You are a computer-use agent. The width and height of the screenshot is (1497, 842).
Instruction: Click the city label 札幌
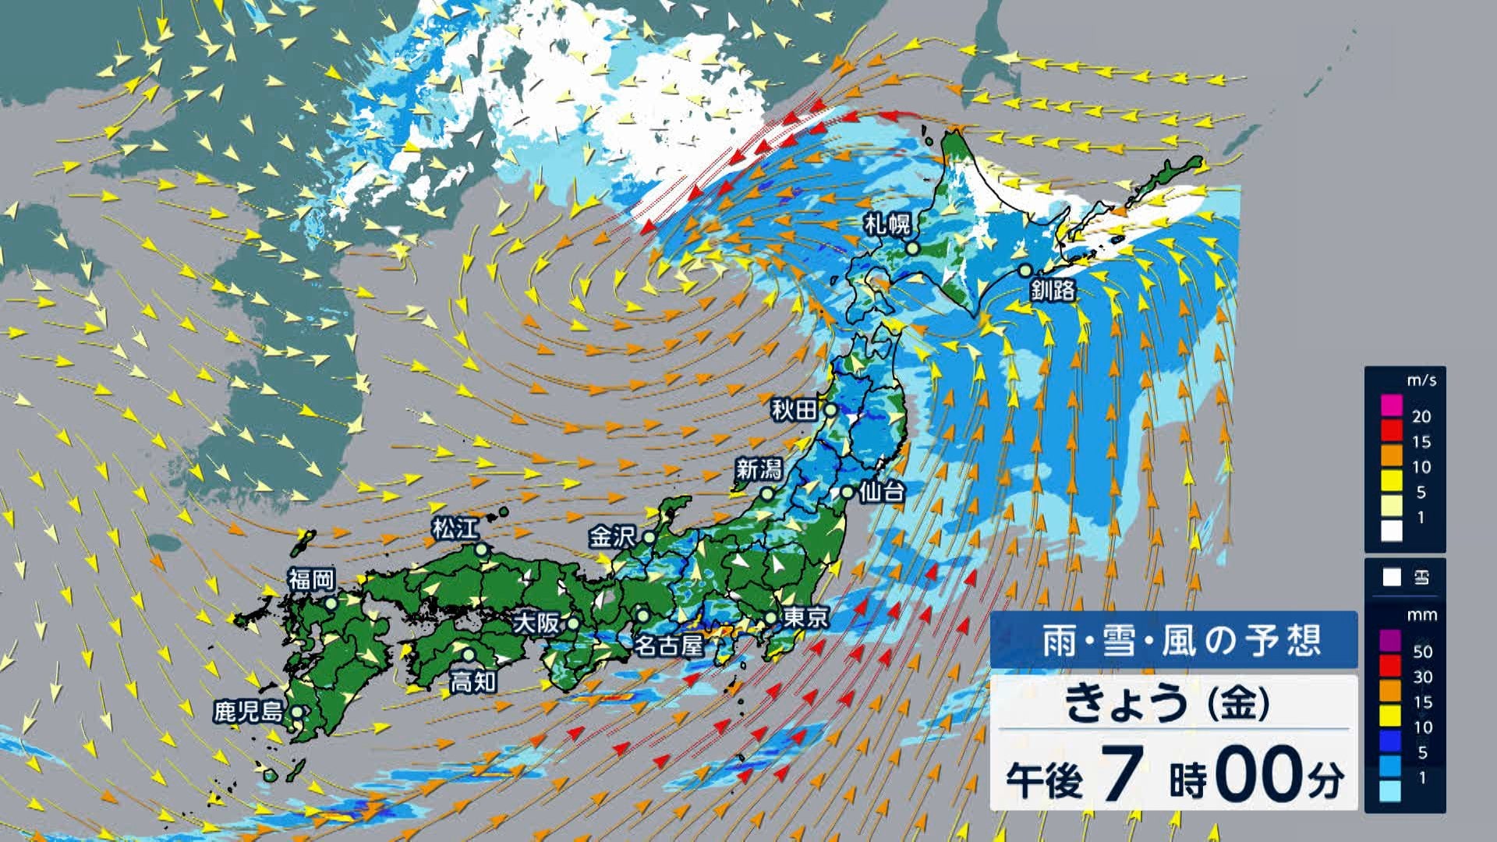(887, 225)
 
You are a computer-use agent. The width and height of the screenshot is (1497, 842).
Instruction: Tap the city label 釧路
(1053, 290)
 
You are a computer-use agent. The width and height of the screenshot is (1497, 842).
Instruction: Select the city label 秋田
(794, 409)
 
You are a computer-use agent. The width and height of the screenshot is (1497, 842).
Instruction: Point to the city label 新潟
(759, 469)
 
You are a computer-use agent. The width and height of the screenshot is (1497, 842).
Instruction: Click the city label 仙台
(882, 492)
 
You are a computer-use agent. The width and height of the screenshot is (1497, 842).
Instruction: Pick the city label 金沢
(612, 537)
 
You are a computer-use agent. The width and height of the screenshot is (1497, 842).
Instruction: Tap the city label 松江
(455, 529)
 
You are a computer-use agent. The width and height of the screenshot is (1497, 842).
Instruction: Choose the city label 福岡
(311, 579)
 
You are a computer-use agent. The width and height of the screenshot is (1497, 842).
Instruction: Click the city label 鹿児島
(249, 712)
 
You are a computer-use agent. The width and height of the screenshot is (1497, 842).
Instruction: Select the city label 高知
(473, 682)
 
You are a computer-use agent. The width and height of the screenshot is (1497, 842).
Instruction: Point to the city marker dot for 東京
(770, 618)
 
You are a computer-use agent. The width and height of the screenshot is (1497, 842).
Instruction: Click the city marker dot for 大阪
(573, 624)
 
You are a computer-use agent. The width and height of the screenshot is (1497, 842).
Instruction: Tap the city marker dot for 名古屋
(642, 614)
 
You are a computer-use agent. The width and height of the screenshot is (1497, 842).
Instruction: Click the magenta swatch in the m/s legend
(1391, 406)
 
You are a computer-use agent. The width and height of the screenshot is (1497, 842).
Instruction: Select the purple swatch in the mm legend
(1391, 641)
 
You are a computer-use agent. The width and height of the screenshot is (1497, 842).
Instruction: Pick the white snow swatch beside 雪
(1392, 578)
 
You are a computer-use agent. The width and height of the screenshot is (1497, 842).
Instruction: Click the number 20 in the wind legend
(1421, 416)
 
